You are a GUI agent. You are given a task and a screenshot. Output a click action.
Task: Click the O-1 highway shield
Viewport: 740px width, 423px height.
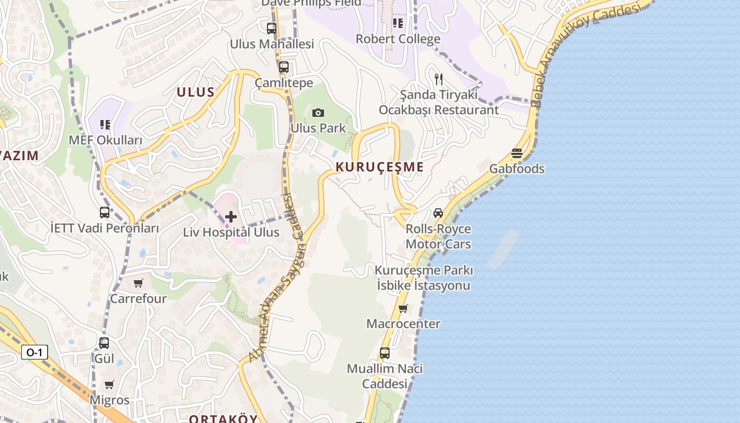pos(34,352)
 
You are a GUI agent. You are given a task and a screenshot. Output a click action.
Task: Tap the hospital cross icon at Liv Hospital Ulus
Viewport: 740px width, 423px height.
pos(231,216)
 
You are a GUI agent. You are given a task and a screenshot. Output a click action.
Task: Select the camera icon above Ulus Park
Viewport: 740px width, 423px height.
pos(318,113)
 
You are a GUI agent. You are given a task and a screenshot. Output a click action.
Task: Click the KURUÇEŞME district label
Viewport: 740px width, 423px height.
pos(380,167)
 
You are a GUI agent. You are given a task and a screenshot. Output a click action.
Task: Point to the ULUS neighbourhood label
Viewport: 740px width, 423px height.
pos(196,92)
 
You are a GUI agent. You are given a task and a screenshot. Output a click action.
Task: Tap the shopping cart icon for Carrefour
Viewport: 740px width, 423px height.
pos(138,283)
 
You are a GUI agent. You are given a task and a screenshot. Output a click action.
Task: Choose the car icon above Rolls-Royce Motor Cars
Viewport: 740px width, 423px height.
pos(438,213)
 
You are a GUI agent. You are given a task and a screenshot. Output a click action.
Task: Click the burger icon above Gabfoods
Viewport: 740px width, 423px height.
pos(517,153)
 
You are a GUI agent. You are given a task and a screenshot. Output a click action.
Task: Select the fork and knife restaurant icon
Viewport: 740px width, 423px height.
pos(438,79)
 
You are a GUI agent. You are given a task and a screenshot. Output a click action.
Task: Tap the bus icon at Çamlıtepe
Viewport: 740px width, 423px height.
pos(284,67)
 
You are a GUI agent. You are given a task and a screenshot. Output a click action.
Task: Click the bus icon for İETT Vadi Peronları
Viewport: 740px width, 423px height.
pos(105,213)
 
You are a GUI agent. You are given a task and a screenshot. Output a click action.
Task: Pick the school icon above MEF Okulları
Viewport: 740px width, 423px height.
pos(105,125)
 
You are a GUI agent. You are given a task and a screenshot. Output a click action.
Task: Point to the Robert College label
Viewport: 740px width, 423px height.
pos(397,39)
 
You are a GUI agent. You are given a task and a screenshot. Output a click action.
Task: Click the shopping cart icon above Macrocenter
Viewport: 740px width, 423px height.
pos(403,308)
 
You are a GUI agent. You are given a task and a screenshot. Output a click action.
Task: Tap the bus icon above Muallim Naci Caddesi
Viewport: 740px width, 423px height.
pos(385,353)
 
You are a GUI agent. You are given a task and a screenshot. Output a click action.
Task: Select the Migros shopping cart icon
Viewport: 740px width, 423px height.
pos(109,384)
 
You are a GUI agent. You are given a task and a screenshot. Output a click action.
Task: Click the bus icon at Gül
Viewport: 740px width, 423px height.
pos(104,343)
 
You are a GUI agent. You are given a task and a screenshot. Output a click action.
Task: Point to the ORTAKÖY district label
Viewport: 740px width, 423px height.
pos(223,419)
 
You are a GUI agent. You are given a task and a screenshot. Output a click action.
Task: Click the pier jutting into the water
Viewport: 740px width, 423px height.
pos(502,249)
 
